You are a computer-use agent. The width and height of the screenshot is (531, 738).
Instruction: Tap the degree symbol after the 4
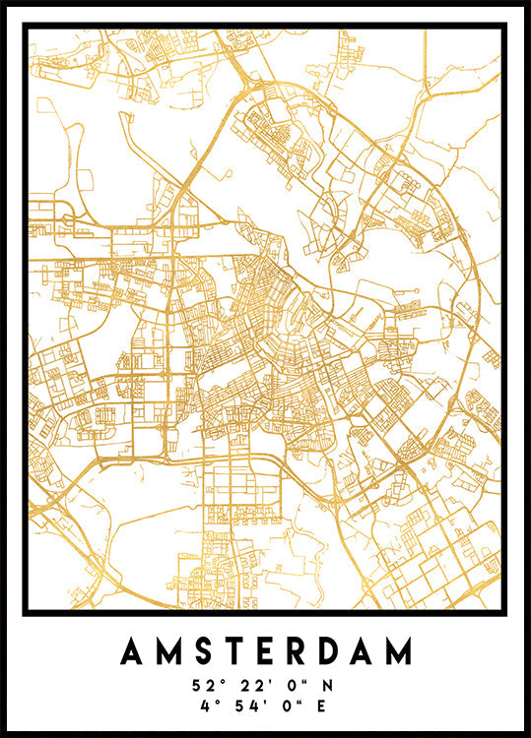216,701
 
